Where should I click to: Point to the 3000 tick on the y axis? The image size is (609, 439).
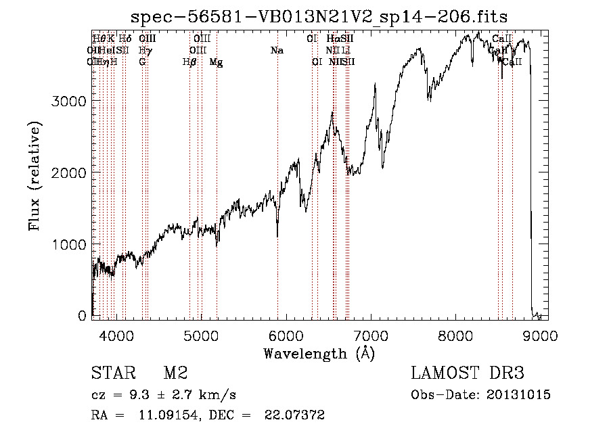pos(69,101)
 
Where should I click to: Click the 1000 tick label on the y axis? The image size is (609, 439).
pos(69,244)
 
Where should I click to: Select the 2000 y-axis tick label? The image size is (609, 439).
pos(69,172)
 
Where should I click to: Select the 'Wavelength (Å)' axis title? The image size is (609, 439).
pos(319,353)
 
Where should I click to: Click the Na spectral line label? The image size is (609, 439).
pos(277,51)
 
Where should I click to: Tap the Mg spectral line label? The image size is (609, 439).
pos(216,62)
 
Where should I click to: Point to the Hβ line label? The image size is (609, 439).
pos(189,62)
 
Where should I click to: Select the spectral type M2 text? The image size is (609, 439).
pos(175,374)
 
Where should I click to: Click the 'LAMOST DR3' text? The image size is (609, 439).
pos(468,374)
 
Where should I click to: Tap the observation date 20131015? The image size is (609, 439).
pos(520,394)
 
